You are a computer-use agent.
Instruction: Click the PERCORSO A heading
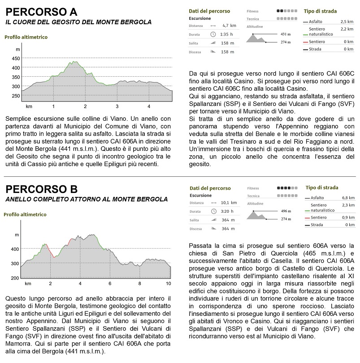(x=41, y=11)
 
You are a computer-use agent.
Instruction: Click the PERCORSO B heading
(x=41, y=188)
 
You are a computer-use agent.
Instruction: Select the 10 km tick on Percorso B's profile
(x=169, y=284)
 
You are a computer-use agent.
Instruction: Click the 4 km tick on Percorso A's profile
(x=149, y=106)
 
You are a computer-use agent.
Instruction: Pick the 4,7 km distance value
(x=229, y=26)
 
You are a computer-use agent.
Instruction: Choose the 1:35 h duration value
(x=227, y=35)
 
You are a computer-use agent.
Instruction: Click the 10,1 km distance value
(x=228, y=203)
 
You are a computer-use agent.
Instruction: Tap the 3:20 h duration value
(x=227, y=211)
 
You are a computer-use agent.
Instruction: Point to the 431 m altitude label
(x=286, y=34)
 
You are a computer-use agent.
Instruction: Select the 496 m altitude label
(x=286, y=211)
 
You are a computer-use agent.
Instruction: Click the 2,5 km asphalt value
(x=347, y=22)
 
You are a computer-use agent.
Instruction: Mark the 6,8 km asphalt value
(x=348, y=198)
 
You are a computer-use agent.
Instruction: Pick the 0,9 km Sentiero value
(x=348, y=218)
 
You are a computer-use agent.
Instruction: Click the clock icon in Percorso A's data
(x=213, y=35)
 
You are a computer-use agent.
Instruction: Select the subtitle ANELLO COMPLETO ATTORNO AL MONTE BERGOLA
(x=87, y=199)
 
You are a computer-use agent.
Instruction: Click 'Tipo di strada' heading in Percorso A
(x=320, y=11)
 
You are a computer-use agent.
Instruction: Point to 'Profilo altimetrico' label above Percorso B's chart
(x=25, y=214)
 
